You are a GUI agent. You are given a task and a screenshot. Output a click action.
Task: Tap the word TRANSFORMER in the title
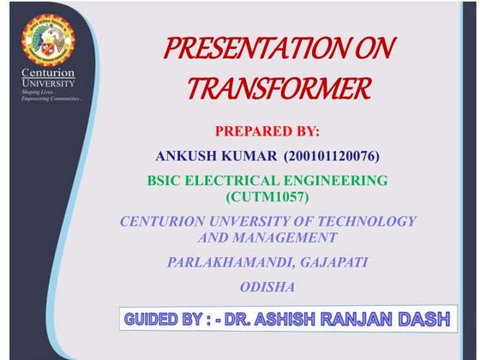coord(279,87)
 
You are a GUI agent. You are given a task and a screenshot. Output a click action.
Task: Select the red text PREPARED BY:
coord(267,132)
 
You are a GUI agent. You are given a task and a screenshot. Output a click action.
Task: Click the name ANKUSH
coord(187,157)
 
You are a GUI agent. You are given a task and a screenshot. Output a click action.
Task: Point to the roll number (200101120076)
coord(330,157)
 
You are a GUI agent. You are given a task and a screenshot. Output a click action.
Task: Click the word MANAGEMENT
coord(288,237)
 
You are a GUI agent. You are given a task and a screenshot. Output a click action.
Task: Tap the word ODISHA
coord(267,286)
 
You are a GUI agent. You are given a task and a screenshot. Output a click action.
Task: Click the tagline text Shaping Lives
coord(38,93)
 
